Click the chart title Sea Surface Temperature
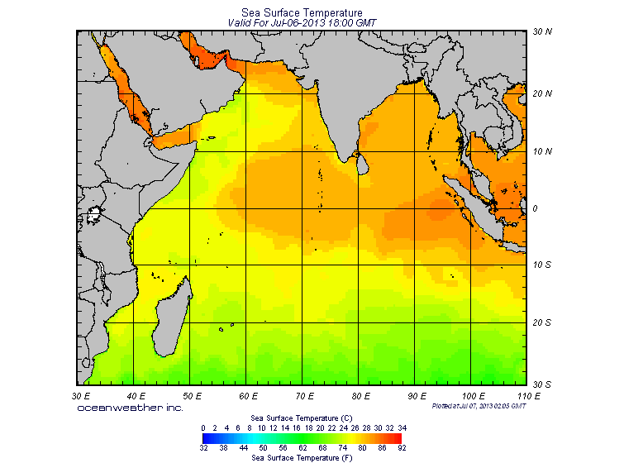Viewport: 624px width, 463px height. pyautogui.click(x=302, y=13)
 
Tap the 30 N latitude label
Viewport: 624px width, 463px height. pyautogui.click(x=541, y=32)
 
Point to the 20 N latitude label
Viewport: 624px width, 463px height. pyautogui.click(x=541, y=93)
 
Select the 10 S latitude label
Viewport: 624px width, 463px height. pyautogui.click(x=541, y=265)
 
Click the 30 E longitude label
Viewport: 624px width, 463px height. pyautogui.click(x=81, y=396)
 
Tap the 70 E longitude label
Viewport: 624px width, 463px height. pyautogui.click(x=304, y=396)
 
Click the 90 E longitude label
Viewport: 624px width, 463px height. pyautogui.click(x=416, y=396)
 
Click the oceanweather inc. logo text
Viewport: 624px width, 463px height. pyautogui.click(x=130, y=407)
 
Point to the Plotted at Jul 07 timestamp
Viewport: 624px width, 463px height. pyautogui.click(x=479, y=406)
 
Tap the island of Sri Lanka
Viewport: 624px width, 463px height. pyautogui.click(x=360, y=164)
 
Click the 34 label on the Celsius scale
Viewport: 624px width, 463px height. pyautogui.click(x=402, y=427)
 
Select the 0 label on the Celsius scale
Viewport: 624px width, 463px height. pyautogui.click(x=203, y=427)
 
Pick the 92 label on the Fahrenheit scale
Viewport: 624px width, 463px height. pyautogui.click(x=402, y=447)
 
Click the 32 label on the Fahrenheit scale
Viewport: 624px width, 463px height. pyautogui.click(x=203, y=447)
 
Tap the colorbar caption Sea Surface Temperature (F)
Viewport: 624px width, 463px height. pyautogui.click(x=302, y=456)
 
